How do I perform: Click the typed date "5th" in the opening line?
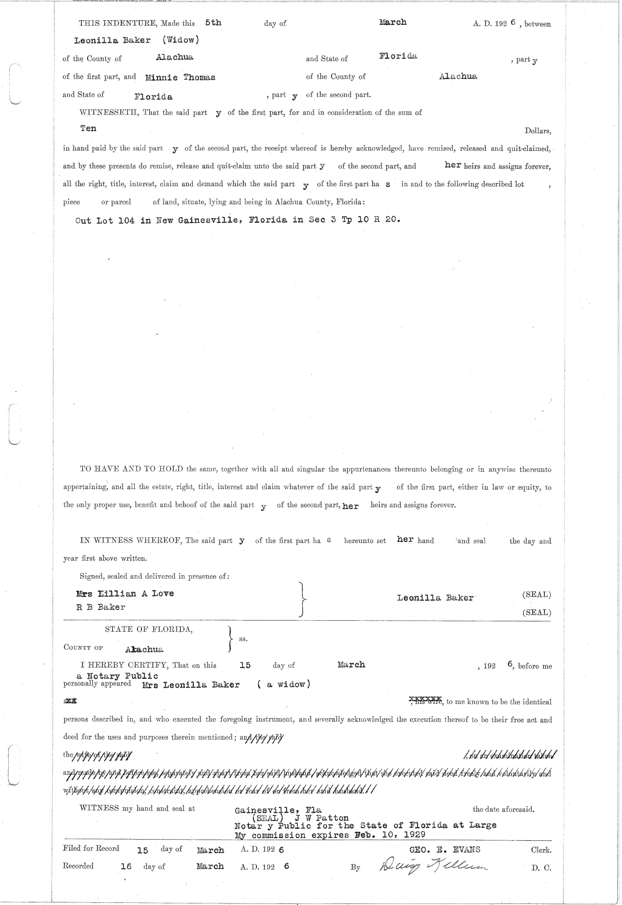[x=213, y=23]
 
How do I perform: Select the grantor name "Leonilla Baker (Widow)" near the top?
[x=136, y=40]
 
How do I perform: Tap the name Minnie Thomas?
[x=180, y=77]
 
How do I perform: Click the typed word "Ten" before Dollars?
[x=88, y=128]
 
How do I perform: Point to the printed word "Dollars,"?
[x=538, y=131]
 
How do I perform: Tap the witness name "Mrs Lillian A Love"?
[x=125, y=593]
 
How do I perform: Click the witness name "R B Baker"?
[x=101, y=607]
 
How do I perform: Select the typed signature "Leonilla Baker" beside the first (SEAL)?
[x=435, y=597]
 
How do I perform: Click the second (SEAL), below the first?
[x=536, y=612]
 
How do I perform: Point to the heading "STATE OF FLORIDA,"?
[x=149, y=630]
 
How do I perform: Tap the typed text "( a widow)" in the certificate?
[x=284, y=685]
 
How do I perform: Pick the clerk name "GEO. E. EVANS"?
[x=445, y=849]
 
